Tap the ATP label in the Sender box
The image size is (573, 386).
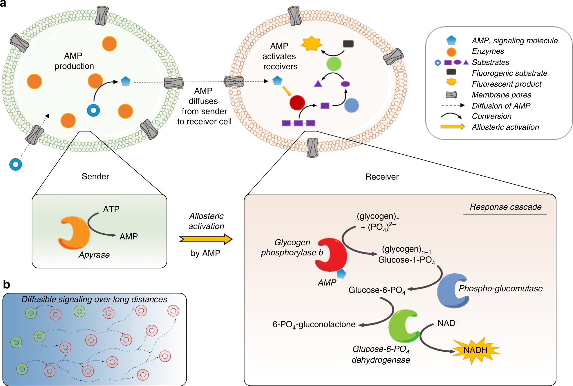point(111,209)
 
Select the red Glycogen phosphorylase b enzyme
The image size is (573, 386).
point(332,255)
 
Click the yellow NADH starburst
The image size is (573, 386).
point(475,350)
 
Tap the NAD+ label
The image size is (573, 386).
point(448,323)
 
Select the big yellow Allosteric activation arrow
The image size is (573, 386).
point(205,239)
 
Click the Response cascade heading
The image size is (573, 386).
point(505,207)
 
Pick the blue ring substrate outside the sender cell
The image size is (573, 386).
point(16,165)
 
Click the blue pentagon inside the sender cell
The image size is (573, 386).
point(125,81)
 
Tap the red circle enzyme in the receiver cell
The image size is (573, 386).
point(297,103)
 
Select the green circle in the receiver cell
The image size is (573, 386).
point(334,64)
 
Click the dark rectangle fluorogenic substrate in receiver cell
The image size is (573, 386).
point(348,44)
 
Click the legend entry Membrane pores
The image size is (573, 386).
point(501,95)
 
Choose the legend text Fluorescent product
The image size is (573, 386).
point(506,84)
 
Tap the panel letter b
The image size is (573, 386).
point(6,285)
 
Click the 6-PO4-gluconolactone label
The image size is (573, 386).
point(314,324)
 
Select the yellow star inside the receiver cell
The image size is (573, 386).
point(311,44)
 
